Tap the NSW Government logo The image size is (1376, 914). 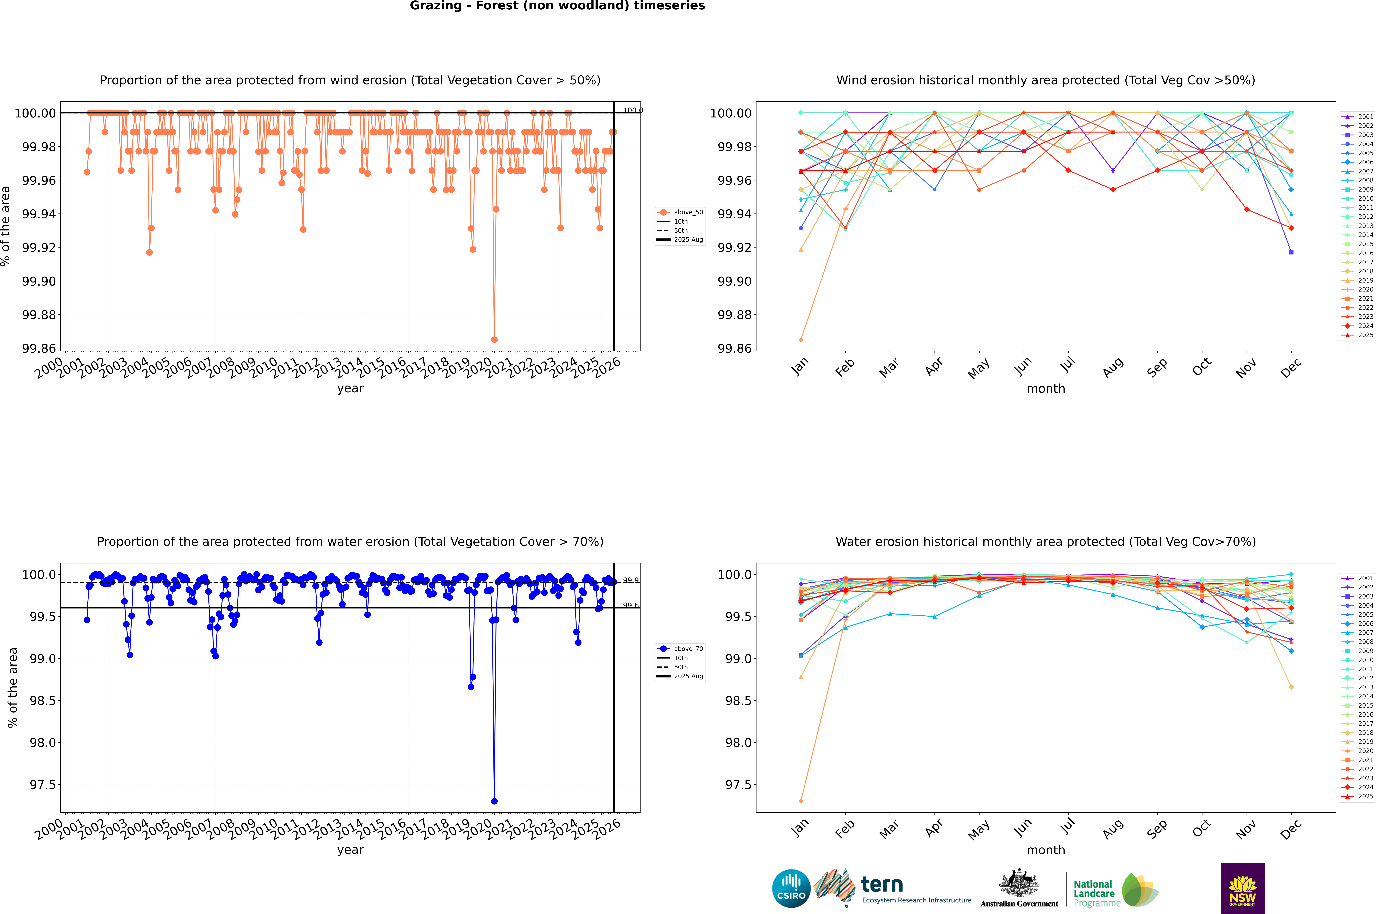pyautogui.click(x=1242, y=888)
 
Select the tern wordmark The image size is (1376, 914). pyautogui.click(x=882, y=885)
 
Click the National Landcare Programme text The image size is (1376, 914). pyautogui.click(x=1094, y=894)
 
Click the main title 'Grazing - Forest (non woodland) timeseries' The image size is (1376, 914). pyautogui.click(x=557, y=6)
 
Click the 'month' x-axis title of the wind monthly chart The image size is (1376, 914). pyautogui.click(x=1045, y=389)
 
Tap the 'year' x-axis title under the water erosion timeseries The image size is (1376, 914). pyautogui.click(x=350, y=850)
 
